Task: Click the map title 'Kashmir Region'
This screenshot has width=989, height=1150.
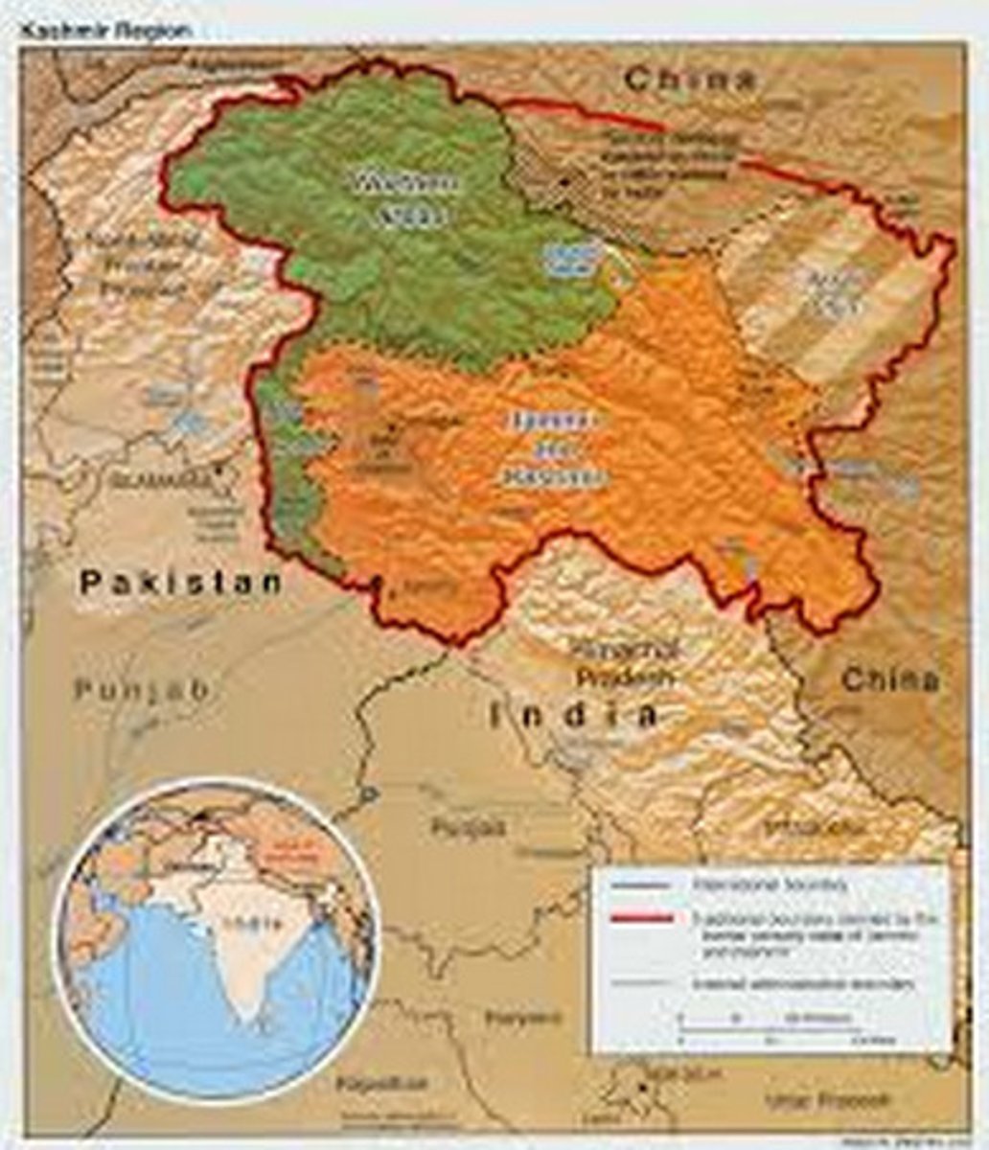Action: pos(106,30)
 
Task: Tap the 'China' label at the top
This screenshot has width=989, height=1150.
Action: pos(691,80)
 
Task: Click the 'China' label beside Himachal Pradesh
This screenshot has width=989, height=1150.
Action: pos(890,680)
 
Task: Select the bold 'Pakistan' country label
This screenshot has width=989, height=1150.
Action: pos(181,582)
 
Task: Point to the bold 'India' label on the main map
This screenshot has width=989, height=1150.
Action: pos(575,714)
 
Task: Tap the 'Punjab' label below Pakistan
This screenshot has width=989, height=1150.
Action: pos(143,689)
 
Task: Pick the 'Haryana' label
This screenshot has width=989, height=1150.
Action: pos(523,1017)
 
